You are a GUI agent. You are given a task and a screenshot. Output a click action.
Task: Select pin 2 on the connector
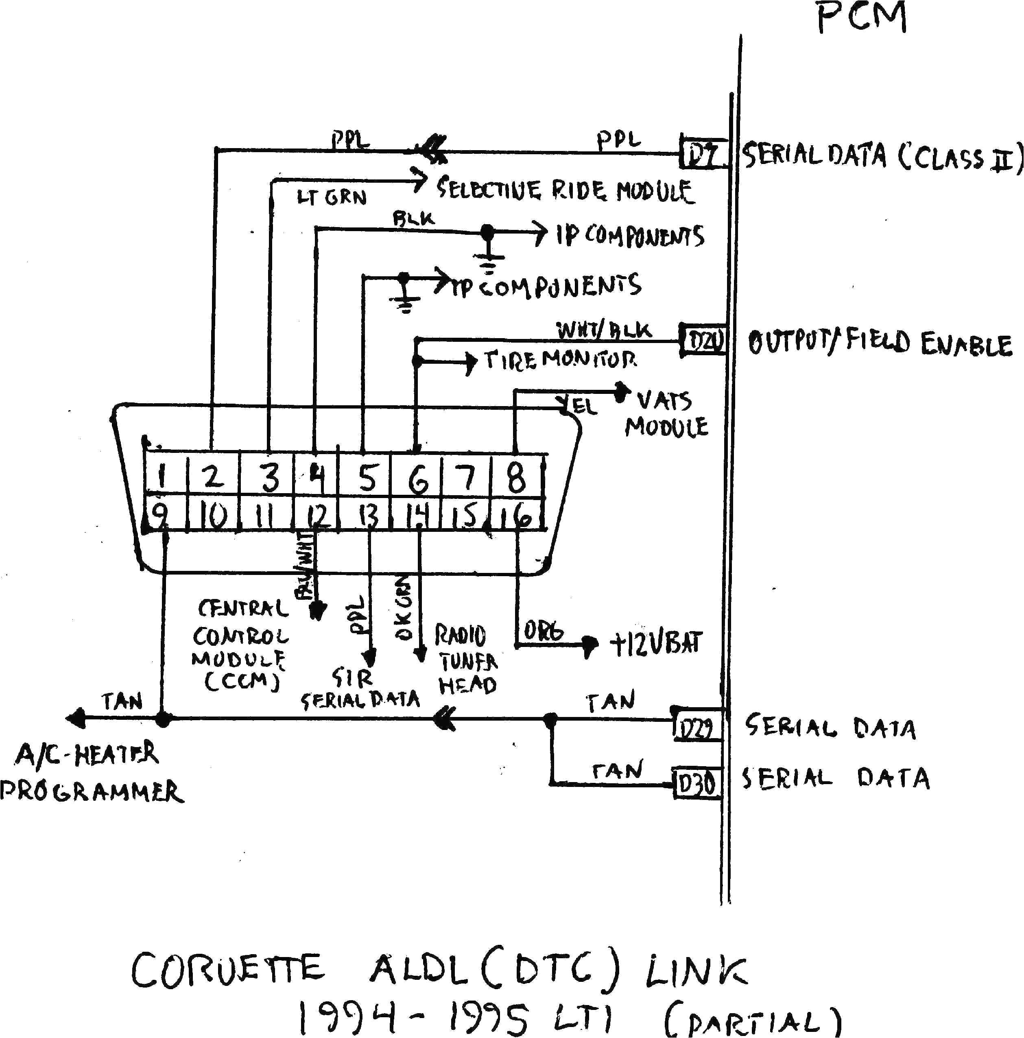[213, 476]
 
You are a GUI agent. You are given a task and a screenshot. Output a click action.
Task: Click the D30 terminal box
[696, 785]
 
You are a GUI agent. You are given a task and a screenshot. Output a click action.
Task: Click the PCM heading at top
[861, 17]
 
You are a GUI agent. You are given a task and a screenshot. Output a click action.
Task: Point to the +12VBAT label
[655, 644]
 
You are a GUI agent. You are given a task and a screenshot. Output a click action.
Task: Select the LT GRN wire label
[332, 197]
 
